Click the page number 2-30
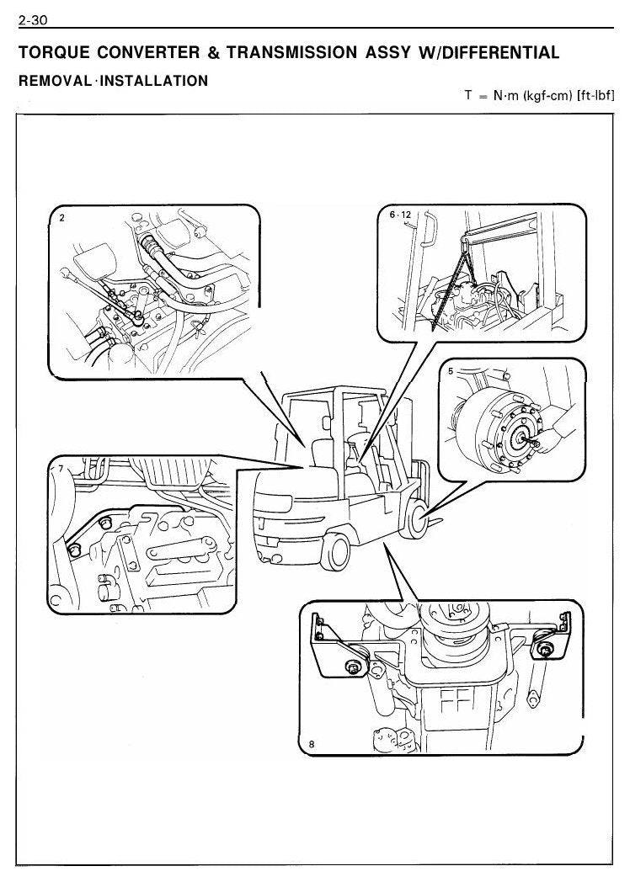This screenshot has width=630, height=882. pos(33,20)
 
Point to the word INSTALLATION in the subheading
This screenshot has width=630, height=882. pos(153,81)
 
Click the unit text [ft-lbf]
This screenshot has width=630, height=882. pos(595,95)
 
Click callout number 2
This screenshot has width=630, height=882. pos(62,219)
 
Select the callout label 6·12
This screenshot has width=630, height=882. pos(400,215)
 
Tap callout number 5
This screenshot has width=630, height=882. pos(451,371)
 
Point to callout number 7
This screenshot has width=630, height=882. pos(61,469)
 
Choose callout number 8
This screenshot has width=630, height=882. pos(312,744)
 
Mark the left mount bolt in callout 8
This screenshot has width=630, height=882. pos(354,667)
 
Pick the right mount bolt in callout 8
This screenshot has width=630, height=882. pos(543,650)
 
